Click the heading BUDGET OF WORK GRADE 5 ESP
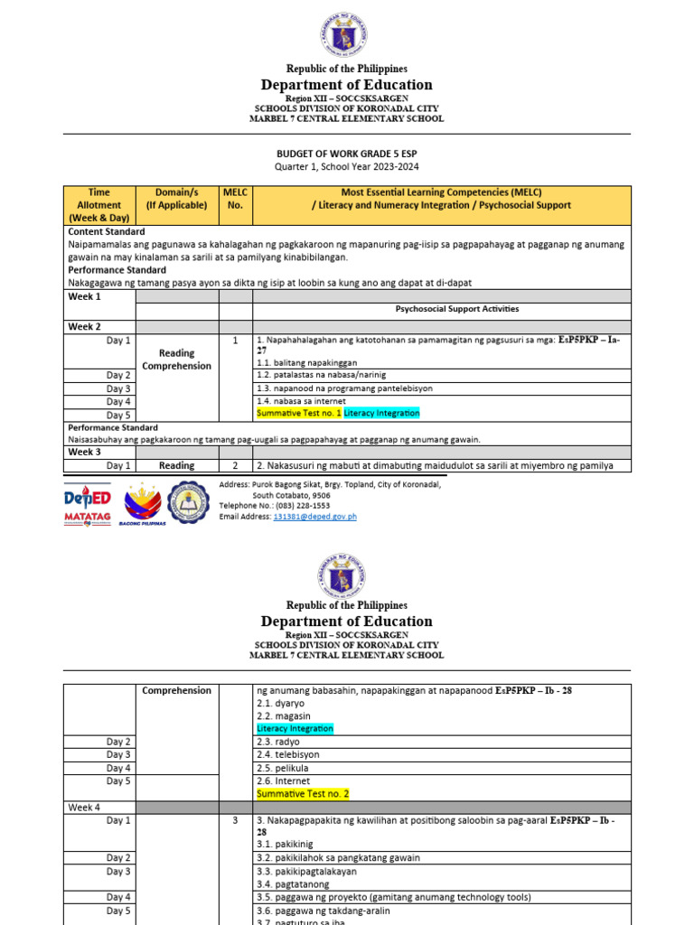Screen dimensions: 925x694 [347, 154]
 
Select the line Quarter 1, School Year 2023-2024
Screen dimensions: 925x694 [347, 167]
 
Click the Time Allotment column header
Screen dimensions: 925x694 [98, 205]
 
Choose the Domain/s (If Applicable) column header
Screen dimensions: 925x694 [176, 199]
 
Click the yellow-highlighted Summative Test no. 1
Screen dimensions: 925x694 [299, 413]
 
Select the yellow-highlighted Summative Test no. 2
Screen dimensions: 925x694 [302, 794]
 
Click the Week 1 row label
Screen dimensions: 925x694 [85, 296]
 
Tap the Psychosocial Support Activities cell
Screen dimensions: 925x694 [457, 309]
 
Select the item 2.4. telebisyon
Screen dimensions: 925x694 [287, 754]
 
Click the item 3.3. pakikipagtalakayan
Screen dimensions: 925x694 [306, 872]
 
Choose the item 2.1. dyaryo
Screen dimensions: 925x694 [277, 703]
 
